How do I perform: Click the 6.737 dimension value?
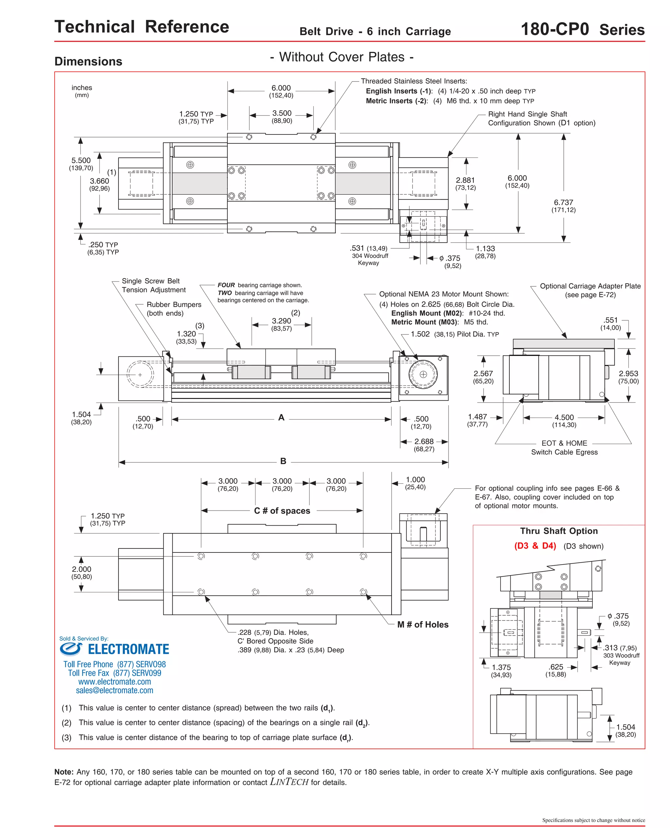[563, 202]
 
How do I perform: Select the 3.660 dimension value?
[99, 181]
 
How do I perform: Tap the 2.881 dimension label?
[465, 180]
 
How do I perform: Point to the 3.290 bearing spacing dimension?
[281, 321]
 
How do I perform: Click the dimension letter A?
[281, 417]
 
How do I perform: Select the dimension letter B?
[283, 461]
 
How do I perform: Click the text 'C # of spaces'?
[282, 511]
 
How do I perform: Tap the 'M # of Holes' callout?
[423, 624]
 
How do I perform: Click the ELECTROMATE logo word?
[128, 649]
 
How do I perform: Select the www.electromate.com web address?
[115, 682]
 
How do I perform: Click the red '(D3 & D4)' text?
[535, 546]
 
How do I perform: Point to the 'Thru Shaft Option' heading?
[559, 531]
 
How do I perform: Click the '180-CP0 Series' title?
[582, 29]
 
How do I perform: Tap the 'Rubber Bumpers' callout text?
[174, 305]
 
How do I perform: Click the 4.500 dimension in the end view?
[564, 417]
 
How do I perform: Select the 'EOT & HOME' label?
[564, 443]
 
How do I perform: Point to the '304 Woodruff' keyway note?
[370, 256]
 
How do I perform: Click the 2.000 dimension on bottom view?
[81, 569]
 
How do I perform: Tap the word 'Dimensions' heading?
[88, 62]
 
